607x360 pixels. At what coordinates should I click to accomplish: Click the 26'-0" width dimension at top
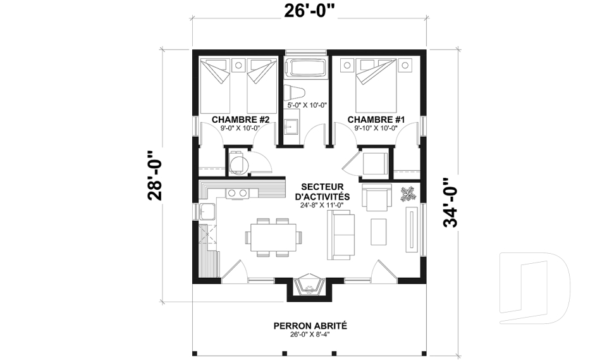tap(309, 11)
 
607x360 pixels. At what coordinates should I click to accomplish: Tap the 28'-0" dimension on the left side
tap(156, 175)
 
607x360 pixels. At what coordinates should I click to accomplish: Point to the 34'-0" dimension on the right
tap(451, 202)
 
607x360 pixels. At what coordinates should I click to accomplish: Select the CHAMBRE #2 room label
tap(241, 119)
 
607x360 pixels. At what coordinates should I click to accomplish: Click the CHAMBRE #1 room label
tap(376, 119)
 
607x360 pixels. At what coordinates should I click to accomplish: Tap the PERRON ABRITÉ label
tap(310, 326)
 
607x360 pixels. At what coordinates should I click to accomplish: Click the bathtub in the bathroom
tap(306, 68)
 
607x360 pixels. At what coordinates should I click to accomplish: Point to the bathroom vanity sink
tap(291, 128)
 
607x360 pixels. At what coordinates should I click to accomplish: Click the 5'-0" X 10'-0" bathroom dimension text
tap(307, 105)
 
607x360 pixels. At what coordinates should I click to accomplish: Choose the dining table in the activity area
tap(273, 237)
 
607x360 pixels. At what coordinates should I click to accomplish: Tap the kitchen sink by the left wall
tap(207, 211)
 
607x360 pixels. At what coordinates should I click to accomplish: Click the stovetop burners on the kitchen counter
tap(236, 193)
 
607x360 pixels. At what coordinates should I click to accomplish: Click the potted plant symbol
tap(408, 194)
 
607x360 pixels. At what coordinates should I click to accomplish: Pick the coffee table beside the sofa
tap(379, 231)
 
